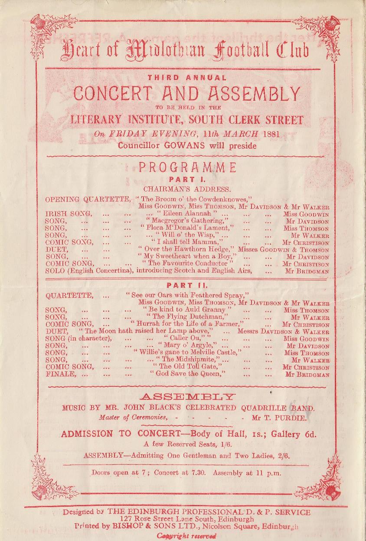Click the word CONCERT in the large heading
point(113,93)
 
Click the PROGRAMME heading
point(187,168)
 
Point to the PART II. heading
point(187,285)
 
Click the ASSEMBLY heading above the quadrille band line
point(188,396)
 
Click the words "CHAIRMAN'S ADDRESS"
point(187,189)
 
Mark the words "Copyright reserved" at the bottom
point(186,535)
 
